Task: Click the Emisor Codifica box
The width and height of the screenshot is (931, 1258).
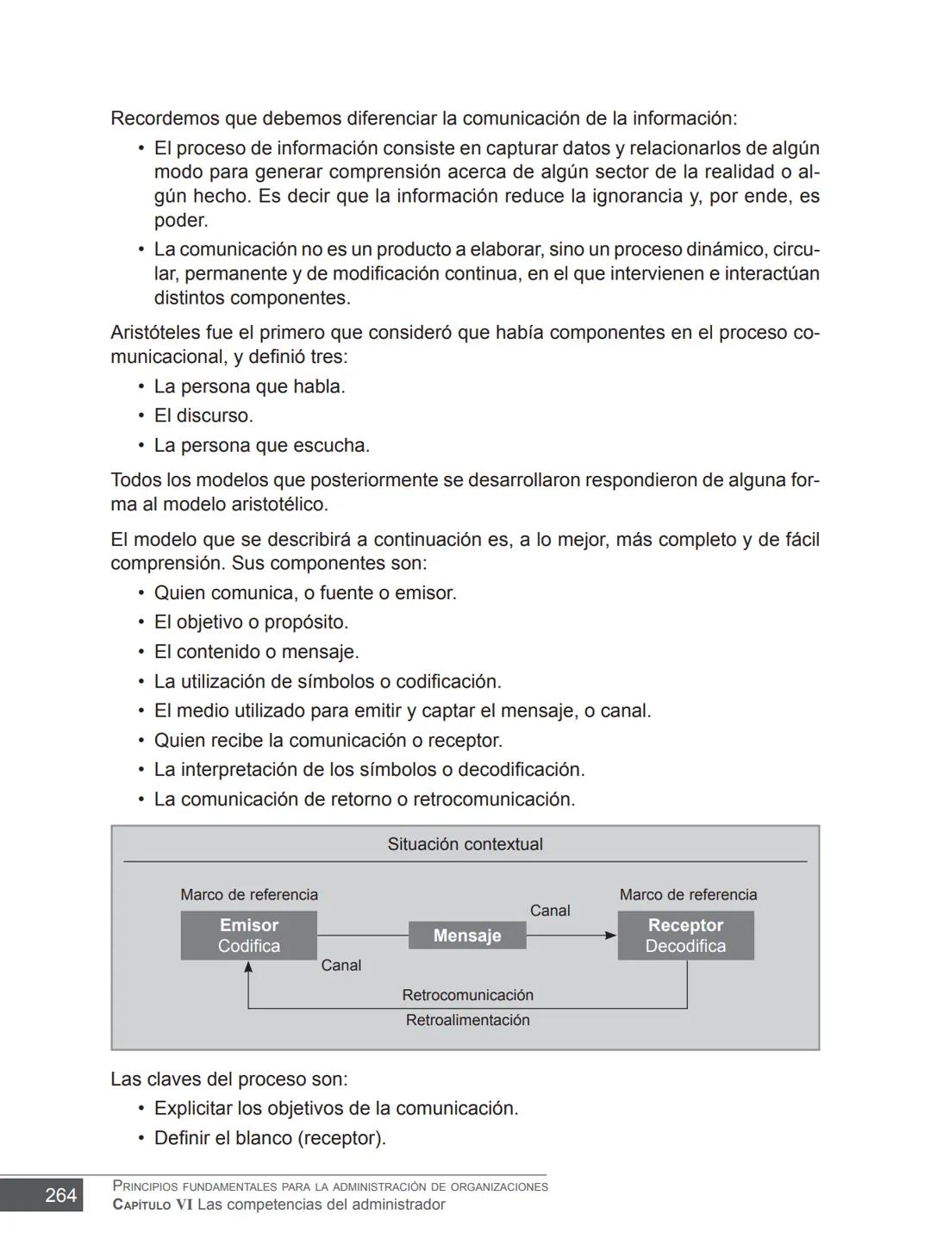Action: [248, 936]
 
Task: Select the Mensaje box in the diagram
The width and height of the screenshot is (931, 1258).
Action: [467, 936]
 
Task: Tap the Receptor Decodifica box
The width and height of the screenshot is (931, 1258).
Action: [685, 936]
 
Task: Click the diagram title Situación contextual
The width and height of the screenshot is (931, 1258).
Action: [465, 844]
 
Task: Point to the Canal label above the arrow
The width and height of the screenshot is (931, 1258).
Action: [550, 911]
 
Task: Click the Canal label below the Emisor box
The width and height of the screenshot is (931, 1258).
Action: [341, 966]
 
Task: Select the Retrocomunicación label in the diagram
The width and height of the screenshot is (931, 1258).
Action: [467, 995]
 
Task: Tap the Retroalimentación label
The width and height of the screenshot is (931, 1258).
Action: [467, 1020]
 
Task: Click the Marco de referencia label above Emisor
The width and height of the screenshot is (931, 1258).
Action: [249, 895]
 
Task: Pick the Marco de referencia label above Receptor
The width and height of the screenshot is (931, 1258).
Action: [688, 895]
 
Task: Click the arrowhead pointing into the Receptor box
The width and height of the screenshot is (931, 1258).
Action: [610, 936]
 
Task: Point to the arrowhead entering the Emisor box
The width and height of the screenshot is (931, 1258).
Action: [248, 967]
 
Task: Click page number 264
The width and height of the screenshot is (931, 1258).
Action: [60, 1195]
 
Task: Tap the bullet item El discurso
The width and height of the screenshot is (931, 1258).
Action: [203, 416]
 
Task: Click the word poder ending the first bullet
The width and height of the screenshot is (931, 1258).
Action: [181, 221]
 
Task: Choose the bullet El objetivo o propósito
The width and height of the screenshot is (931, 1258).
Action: [251, 623]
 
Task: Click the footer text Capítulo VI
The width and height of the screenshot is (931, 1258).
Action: [153, 1205]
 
